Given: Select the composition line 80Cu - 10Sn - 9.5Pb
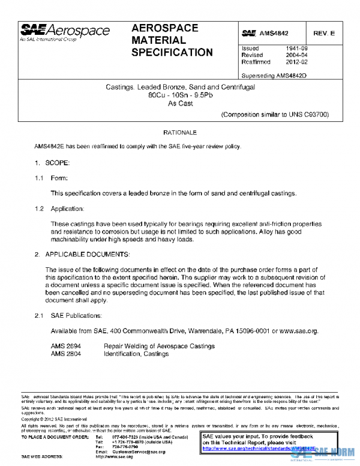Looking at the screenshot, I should tap(180, 95).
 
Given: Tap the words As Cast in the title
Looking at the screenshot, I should tap(180, 103).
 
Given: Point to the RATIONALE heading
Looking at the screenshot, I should tap(180, 132).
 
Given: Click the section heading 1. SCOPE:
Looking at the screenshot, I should tap(52, 163).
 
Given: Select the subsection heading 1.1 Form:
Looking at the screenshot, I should tap(51, 178).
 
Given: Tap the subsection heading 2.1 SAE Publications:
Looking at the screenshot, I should tap(68, 315).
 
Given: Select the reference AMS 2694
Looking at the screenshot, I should tap(66, 346).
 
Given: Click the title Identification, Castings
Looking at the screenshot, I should tap(136, 354).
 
